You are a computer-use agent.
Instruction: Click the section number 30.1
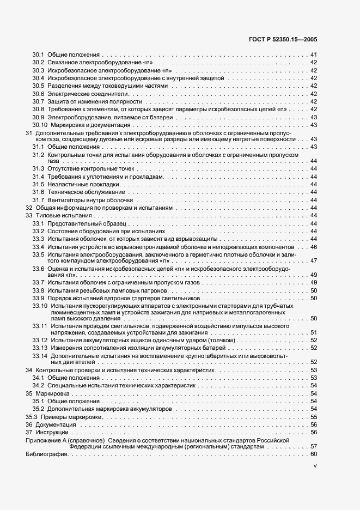coord(38,55)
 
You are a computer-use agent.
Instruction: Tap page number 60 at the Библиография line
coord(313,454)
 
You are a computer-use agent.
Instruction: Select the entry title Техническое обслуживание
coord(86,192)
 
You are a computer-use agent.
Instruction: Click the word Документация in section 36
coord(56,424)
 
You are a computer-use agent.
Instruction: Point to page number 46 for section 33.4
coord(313,247)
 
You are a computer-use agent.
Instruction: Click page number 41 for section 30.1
coord(313,55)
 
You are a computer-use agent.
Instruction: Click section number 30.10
coord(40,125)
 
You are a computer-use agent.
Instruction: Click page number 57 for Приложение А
coord(313,446)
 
